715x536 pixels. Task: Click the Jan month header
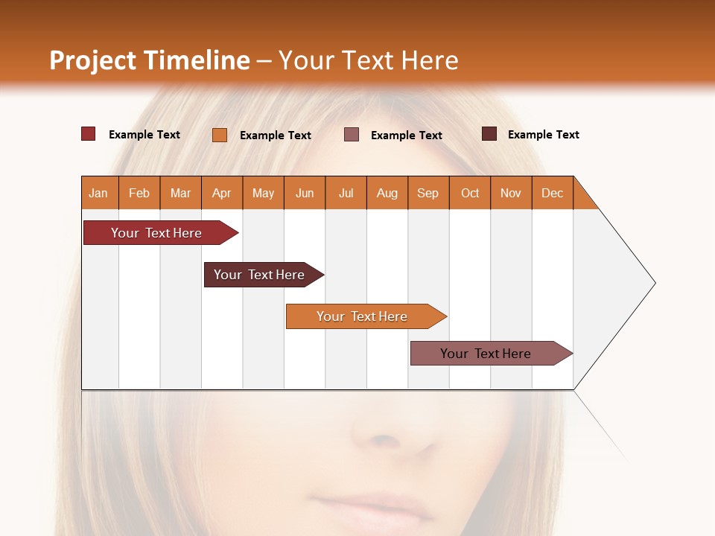[x=99, y=193]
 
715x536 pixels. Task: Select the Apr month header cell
[x=222, y=193]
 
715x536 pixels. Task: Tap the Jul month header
[x=346, y=193]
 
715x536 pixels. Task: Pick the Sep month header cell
[x=428, y=193]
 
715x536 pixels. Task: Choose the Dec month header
[x=552, y=193]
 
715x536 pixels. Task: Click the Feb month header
[x=139, y=193]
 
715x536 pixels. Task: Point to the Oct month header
[x=470, y=193]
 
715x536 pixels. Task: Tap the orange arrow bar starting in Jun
[x=363, y=316]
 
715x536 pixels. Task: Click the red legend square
[x=89, y=134]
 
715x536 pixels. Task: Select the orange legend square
[x=220, y=135]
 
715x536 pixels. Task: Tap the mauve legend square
[x=352, y=135]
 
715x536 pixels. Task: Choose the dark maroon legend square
[x=489, y=134]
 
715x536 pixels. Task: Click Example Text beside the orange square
[x=276, y=135]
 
